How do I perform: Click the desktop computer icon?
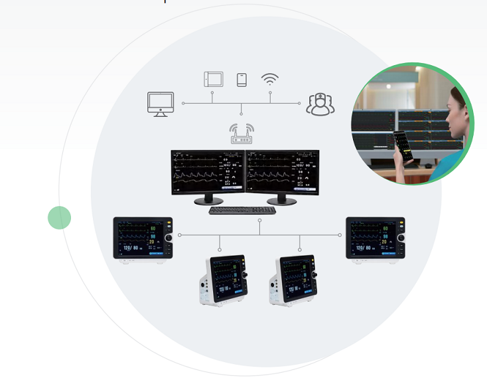[x=161, y=104]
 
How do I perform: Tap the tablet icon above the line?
[x=213, y=79]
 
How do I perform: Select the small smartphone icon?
[x=242, y=80]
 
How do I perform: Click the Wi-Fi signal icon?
[x=269, y=79]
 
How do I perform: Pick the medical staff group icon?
[x=320, y=104]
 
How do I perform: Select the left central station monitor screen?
[x=208, y=171]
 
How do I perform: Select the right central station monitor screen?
[x=282, y=171]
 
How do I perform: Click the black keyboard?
[x=242, y=210]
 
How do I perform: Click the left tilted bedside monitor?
[x=223, y=280]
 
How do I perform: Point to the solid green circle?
[x=59, y=217]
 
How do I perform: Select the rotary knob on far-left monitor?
[x=169, y=238]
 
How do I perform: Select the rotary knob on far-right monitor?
[x=401, y=238]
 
